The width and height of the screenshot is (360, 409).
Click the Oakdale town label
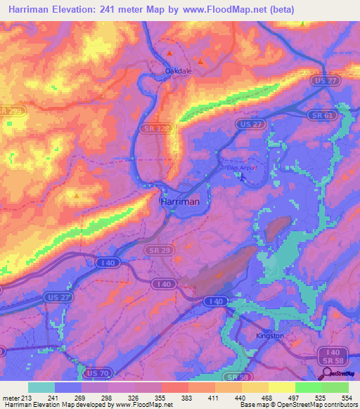click(178, 71)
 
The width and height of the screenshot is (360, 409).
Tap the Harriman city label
click(180, 201)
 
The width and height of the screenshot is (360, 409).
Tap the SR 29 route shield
click(155, 249)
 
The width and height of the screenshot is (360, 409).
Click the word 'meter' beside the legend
click(11, 396)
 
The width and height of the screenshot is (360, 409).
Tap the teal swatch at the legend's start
click(41, 387)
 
